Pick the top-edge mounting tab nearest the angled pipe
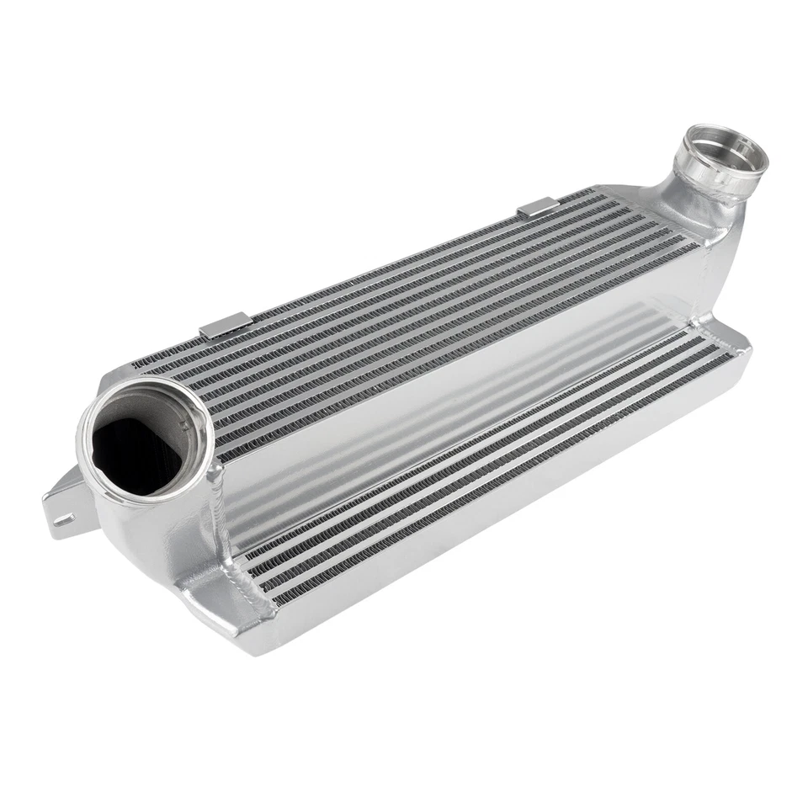[x=536, y=206]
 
